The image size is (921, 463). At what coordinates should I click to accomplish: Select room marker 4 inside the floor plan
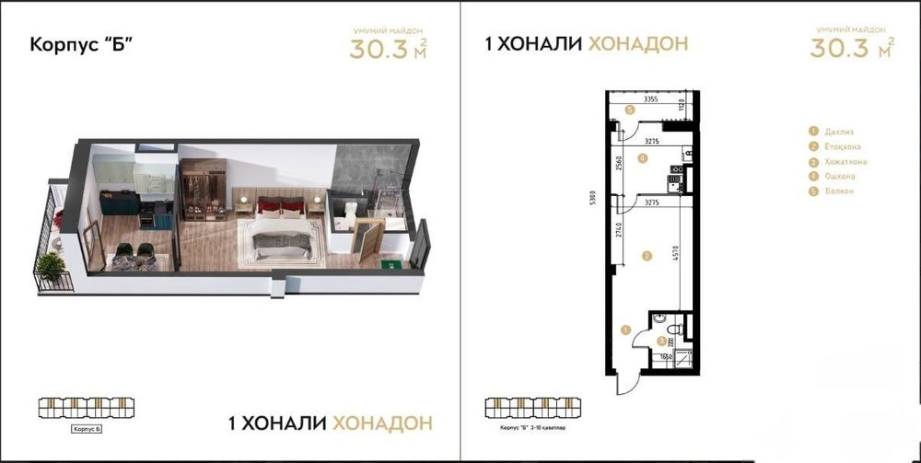tap(642, 158)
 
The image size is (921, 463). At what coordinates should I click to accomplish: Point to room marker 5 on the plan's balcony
tap(629, 110)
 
